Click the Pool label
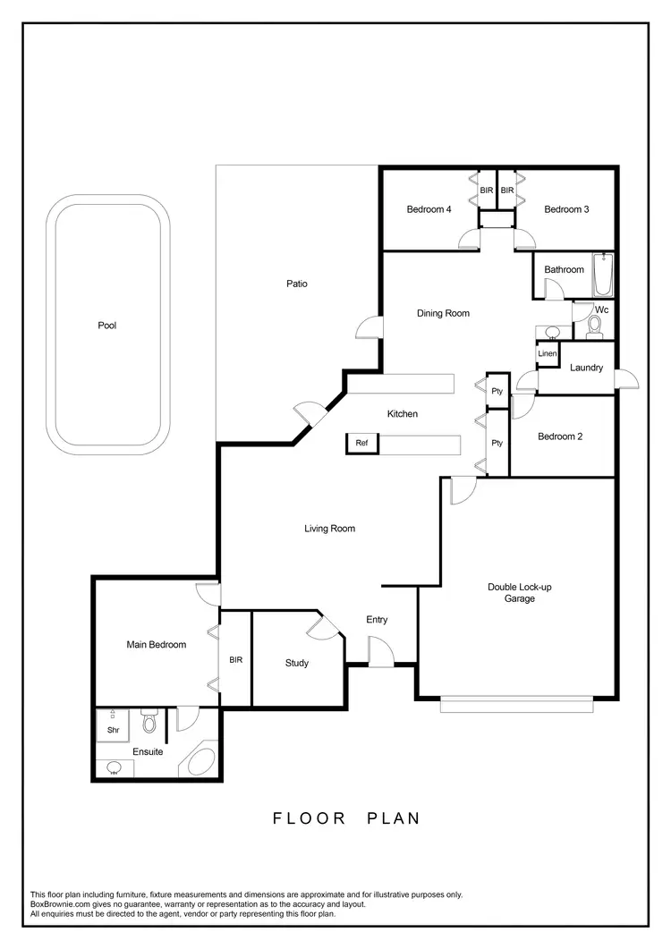coord(107,326)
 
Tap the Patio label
coord(297,284)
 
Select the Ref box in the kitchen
coord(361,443)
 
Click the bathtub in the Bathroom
coord(603,275)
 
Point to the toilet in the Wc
coord(593,327)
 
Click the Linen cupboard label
coord(548,354)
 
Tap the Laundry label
coord(586,368)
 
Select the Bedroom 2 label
coord(560,436)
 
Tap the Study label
coord(297,663)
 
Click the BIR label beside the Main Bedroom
coord(236,660)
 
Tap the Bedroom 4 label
coord(429,209)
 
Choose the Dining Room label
coord(443,313)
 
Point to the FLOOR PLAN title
coord(346,818)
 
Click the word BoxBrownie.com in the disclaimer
coord(61,904)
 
